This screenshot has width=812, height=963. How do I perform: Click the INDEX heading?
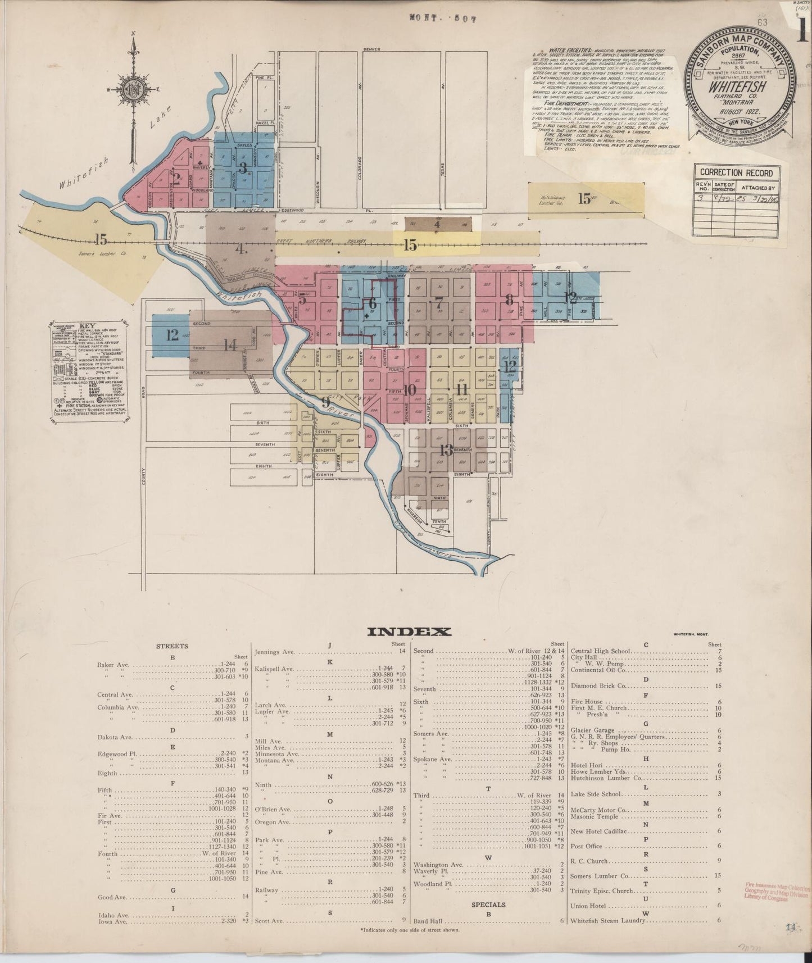(x=409, y=632)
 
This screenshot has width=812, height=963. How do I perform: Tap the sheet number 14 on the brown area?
(x=230, y=345)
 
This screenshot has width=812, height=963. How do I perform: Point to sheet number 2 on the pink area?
(x=176, y=179)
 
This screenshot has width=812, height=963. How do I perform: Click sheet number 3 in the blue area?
(x=243, y=167)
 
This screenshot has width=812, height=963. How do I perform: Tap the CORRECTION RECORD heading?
(x=736, y=173)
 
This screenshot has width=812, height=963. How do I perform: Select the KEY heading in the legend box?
(x=87, y=325)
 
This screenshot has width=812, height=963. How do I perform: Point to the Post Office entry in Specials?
(x=586, y=846)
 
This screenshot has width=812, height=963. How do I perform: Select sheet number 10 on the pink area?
(x=409, y=389)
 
